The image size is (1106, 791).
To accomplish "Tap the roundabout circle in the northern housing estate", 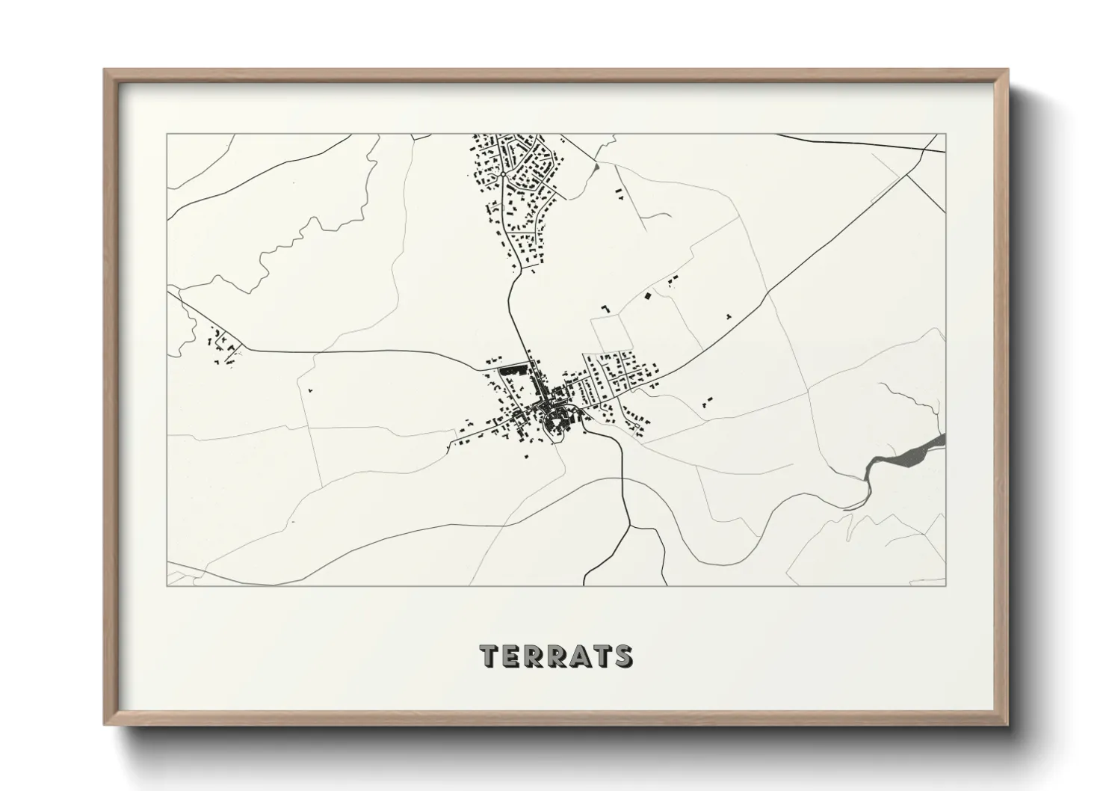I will coord(504,174).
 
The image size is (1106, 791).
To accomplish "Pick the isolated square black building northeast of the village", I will coord(648,296).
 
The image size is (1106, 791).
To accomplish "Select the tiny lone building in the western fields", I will coord(309,390).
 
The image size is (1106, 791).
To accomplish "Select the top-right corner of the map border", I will coord(946,135).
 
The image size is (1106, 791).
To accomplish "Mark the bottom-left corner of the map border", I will coord(167,585).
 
